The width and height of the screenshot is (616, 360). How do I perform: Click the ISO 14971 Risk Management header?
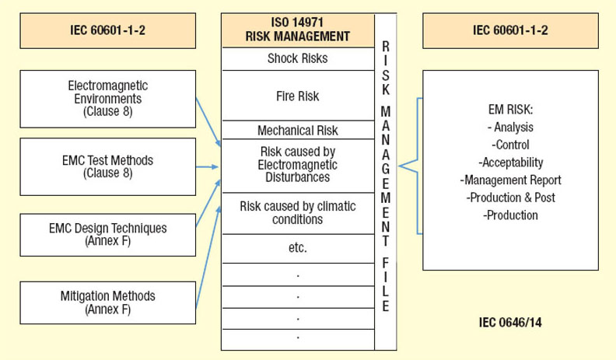click(298, 30)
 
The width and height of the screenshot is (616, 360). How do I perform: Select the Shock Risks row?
click(298, 59)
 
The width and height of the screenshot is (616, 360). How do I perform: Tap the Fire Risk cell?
click(298, 96)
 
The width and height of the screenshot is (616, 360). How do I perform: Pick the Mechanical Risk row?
click(298, 130)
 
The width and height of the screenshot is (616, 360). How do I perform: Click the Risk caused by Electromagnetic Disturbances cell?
click(298, 166)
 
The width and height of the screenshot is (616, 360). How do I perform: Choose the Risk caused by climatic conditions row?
click(298, 213)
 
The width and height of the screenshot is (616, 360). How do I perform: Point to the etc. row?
click(298, 248)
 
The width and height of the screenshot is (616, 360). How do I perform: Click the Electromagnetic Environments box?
click(107, 99)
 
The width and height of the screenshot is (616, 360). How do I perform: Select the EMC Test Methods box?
click(107, 166)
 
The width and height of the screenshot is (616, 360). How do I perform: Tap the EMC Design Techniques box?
click(107, 235)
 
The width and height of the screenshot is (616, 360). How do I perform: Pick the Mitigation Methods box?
click(107, 302)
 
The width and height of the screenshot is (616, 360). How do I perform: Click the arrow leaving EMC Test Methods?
click(207, 167)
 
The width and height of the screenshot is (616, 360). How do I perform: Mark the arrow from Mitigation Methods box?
click(208, 257)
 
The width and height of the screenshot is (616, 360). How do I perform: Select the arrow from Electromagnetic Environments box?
click(208, 122)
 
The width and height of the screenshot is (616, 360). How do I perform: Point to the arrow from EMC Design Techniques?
click(208, 203)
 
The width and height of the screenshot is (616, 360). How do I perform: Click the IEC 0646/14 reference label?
click(510, 323)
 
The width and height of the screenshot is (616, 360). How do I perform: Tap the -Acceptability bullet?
click(511, 163)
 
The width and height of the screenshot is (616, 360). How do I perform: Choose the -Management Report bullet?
click(511, 180)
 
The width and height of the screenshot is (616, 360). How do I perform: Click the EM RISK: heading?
click(511, 109)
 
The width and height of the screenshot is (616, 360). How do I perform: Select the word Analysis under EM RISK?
click(513, 127)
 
